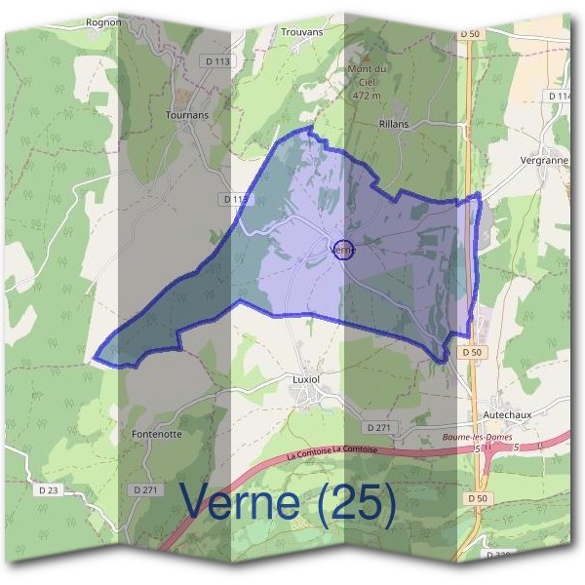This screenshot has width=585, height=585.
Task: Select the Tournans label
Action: coord(187,114)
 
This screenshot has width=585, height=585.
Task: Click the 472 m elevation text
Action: coord(368,96)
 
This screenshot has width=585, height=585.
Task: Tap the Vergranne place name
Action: coord(544,160)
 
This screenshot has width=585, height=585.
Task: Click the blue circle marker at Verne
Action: coord(343,250)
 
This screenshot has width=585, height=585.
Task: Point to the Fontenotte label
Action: coord(156,434)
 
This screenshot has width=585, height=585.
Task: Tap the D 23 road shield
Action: coord(50,487)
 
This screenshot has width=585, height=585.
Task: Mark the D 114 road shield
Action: coord(560,96)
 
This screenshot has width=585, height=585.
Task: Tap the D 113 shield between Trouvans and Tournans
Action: coord(221,60)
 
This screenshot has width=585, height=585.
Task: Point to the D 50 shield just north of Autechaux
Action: coord(472,351)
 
